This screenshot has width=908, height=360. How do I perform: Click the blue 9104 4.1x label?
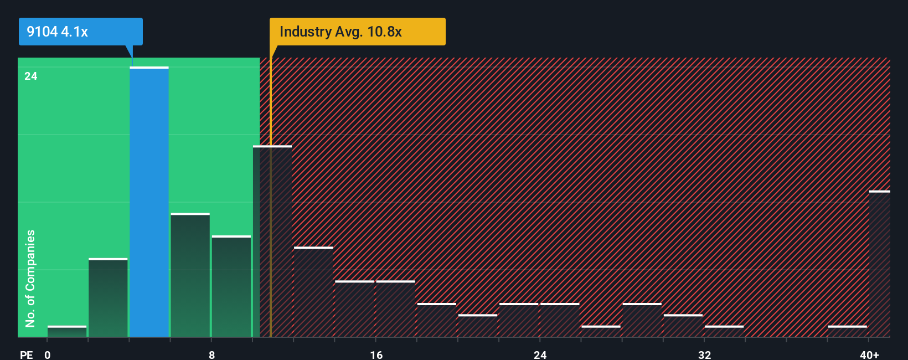(x=80, y=32)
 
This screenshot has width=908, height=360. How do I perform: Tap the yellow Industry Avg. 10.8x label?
(x=357, y=32)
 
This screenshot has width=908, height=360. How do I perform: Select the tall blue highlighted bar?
(x=149, y=202)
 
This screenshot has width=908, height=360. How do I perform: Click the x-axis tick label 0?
(x=48, y=354)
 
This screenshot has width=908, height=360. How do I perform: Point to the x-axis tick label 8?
(x=211, y=354)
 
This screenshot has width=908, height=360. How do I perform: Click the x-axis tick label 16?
(x=376, y=354)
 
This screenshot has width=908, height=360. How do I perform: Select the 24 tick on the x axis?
(x=540, y=354)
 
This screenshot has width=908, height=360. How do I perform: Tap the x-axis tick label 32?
(x=704, y=354)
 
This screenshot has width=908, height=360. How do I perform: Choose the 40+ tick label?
(x=869, y=354)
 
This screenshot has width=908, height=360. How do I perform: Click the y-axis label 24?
(x=31, y=76)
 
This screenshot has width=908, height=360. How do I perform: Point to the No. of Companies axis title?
(x=30, y=278)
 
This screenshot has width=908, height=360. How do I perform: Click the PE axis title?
(x=27, y=354)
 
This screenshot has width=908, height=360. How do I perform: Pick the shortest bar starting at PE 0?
(x=67, y=331)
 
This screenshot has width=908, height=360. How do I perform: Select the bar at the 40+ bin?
(x=879, y=264)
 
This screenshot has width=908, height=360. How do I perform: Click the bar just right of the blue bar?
(x=190, y=275)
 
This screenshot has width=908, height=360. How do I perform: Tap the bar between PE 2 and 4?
(x=108, y=297)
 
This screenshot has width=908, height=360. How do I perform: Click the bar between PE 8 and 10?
(x=231, y=286)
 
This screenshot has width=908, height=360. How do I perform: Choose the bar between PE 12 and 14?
(x=313, y=292)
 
